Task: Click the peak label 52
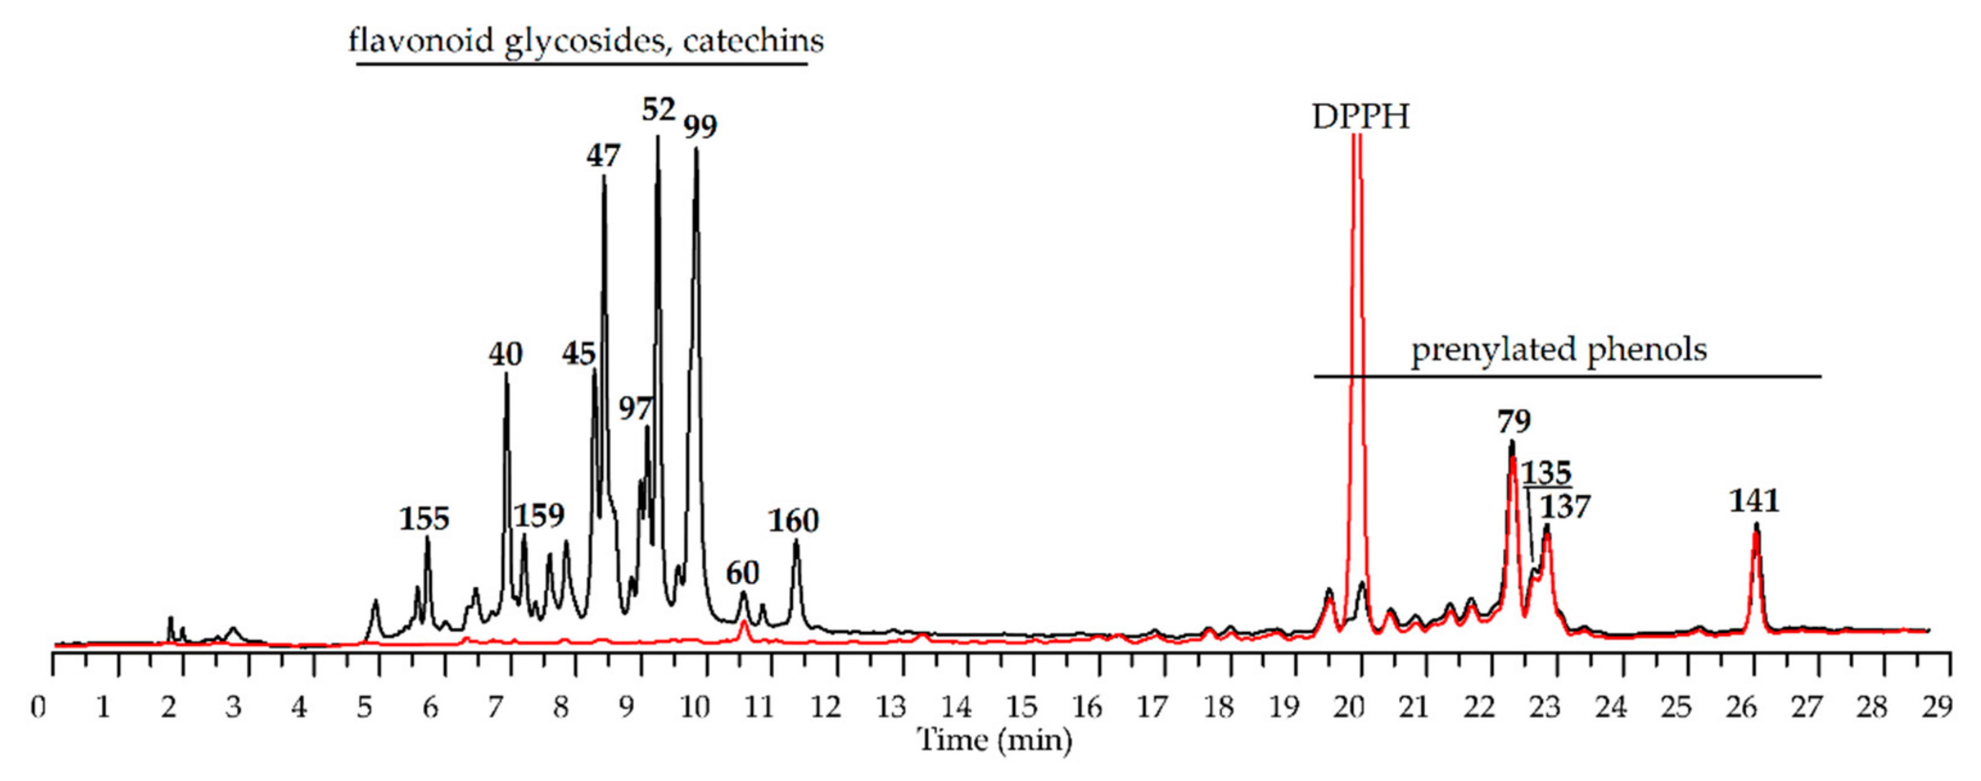(x=658, y=110)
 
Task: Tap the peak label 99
(x=700, y=127)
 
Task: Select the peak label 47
(x=603, y=157)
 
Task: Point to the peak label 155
(x=424, y=520)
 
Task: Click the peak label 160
(x=794, y=522)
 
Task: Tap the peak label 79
(x=1514, y=422)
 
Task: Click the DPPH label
(x=1360, y=118)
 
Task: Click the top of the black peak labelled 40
(x=506, y=374)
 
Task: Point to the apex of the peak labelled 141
(x=1756, y=525)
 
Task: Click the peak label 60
(x=742, y=573)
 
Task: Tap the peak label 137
(x=1565, y=508)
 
